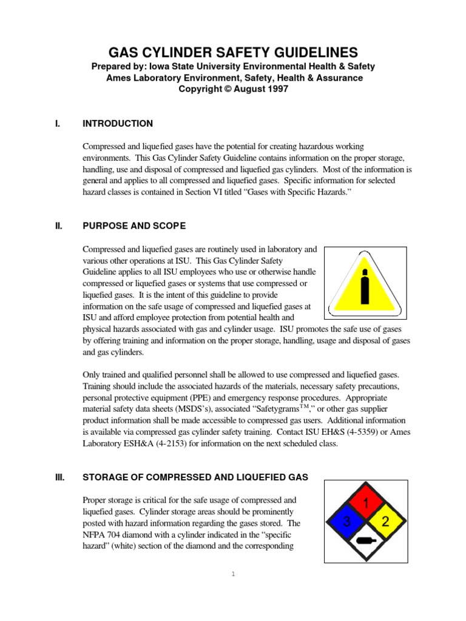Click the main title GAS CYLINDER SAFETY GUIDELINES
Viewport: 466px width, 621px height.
233,52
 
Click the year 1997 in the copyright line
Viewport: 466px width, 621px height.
276,89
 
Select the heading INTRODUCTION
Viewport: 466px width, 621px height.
118,124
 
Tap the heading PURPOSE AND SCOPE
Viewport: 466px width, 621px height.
134,226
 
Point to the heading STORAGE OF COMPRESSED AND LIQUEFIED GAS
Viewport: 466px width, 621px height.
195,477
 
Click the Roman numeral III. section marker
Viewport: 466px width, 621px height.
59,477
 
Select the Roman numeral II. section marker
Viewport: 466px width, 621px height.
58,226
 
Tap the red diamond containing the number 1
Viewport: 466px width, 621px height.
365,503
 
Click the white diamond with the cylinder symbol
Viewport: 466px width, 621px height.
365,540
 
